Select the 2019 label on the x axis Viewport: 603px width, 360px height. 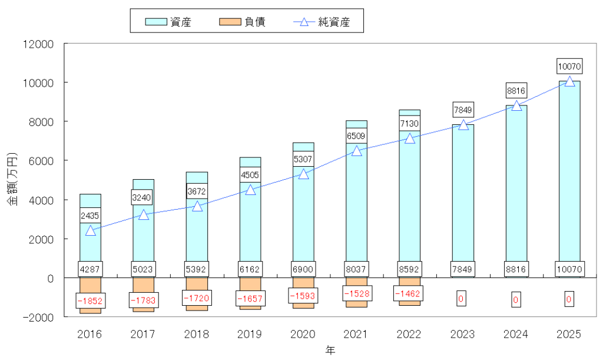click(x=250, y=334)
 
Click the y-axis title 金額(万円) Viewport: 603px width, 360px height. click(x=12, y=180)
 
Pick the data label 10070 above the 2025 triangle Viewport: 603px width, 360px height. click(x=569, y=65)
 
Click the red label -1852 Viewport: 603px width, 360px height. click(x=90, y=300)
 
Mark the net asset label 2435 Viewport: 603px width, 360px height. click(x=90, y=215)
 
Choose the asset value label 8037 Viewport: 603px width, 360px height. click(x=356, y=268)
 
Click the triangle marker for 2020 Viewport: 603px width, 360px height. click(x=303, y=174)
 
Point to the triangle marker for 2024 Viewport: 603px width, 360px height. click(x=516, y=105)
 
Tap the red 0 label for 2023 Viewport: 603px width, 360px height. click(x=461, y=298)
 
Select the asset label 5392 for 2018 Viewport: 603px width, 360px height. click(x=196, y=268)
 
